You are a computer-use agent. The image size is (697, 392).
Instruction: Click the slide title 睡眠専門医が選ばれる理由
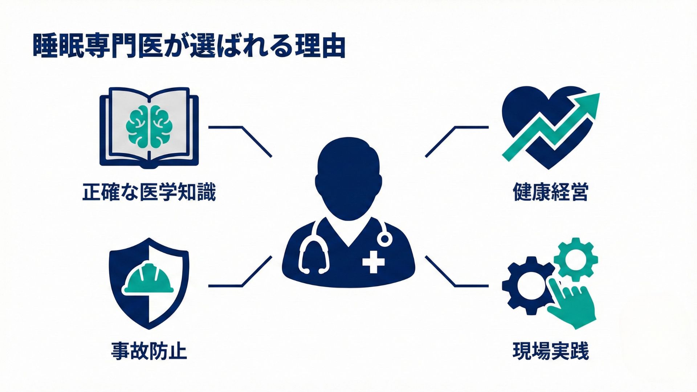point(189,46)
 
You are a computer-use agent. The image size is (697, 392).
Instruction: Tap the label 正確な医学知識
point(149,192)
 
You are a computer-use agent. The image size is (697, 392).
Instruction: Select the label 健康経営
point(550,192)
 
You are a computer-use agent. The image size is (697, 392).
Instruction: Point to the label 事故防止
point(149,351)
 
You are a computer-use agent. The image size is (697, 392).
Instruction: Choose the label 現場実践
point(550,351)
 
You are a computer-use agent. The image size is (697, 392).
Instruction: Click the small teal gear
point(575,260)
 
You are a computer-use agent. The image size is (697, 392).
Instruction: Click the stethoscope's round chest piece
point(384,239)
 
